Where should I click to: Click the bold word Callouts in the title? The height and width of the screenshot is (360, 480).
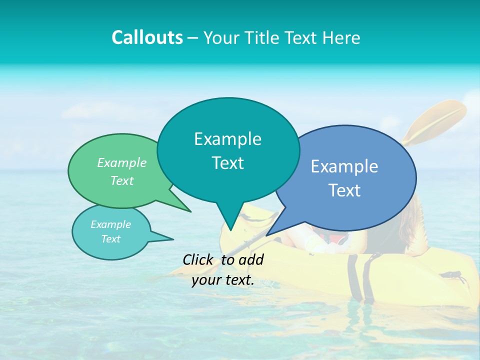147,37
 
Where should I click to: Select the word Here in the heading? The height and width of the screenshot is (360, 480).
340,37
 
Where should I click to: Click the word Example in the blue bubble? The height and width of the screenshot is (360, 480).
344,166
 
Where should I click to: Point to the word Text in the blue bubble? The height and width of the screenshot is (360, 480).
344,190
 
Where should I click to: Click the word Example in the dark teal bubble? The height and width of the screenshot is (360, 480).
227,139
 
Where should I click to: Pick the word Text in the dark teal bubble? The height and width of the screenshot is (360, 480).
227,163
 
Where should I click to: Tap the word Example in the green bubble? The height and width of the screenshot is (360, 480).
122,162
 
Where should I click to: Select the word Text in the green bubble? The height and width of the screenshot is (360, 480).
122,180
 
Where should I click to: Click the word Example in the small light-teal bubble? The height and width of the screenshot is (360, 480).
110,224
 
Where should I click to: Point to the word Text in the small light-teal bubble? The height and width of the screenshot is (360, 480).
110,239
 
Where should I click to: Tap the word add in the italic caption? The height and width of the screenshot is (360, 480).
250,259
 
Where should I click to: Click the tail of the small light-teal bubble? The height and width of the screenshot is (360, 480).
167,238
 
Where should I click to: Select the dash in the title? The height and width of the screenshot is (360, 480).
193,38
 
